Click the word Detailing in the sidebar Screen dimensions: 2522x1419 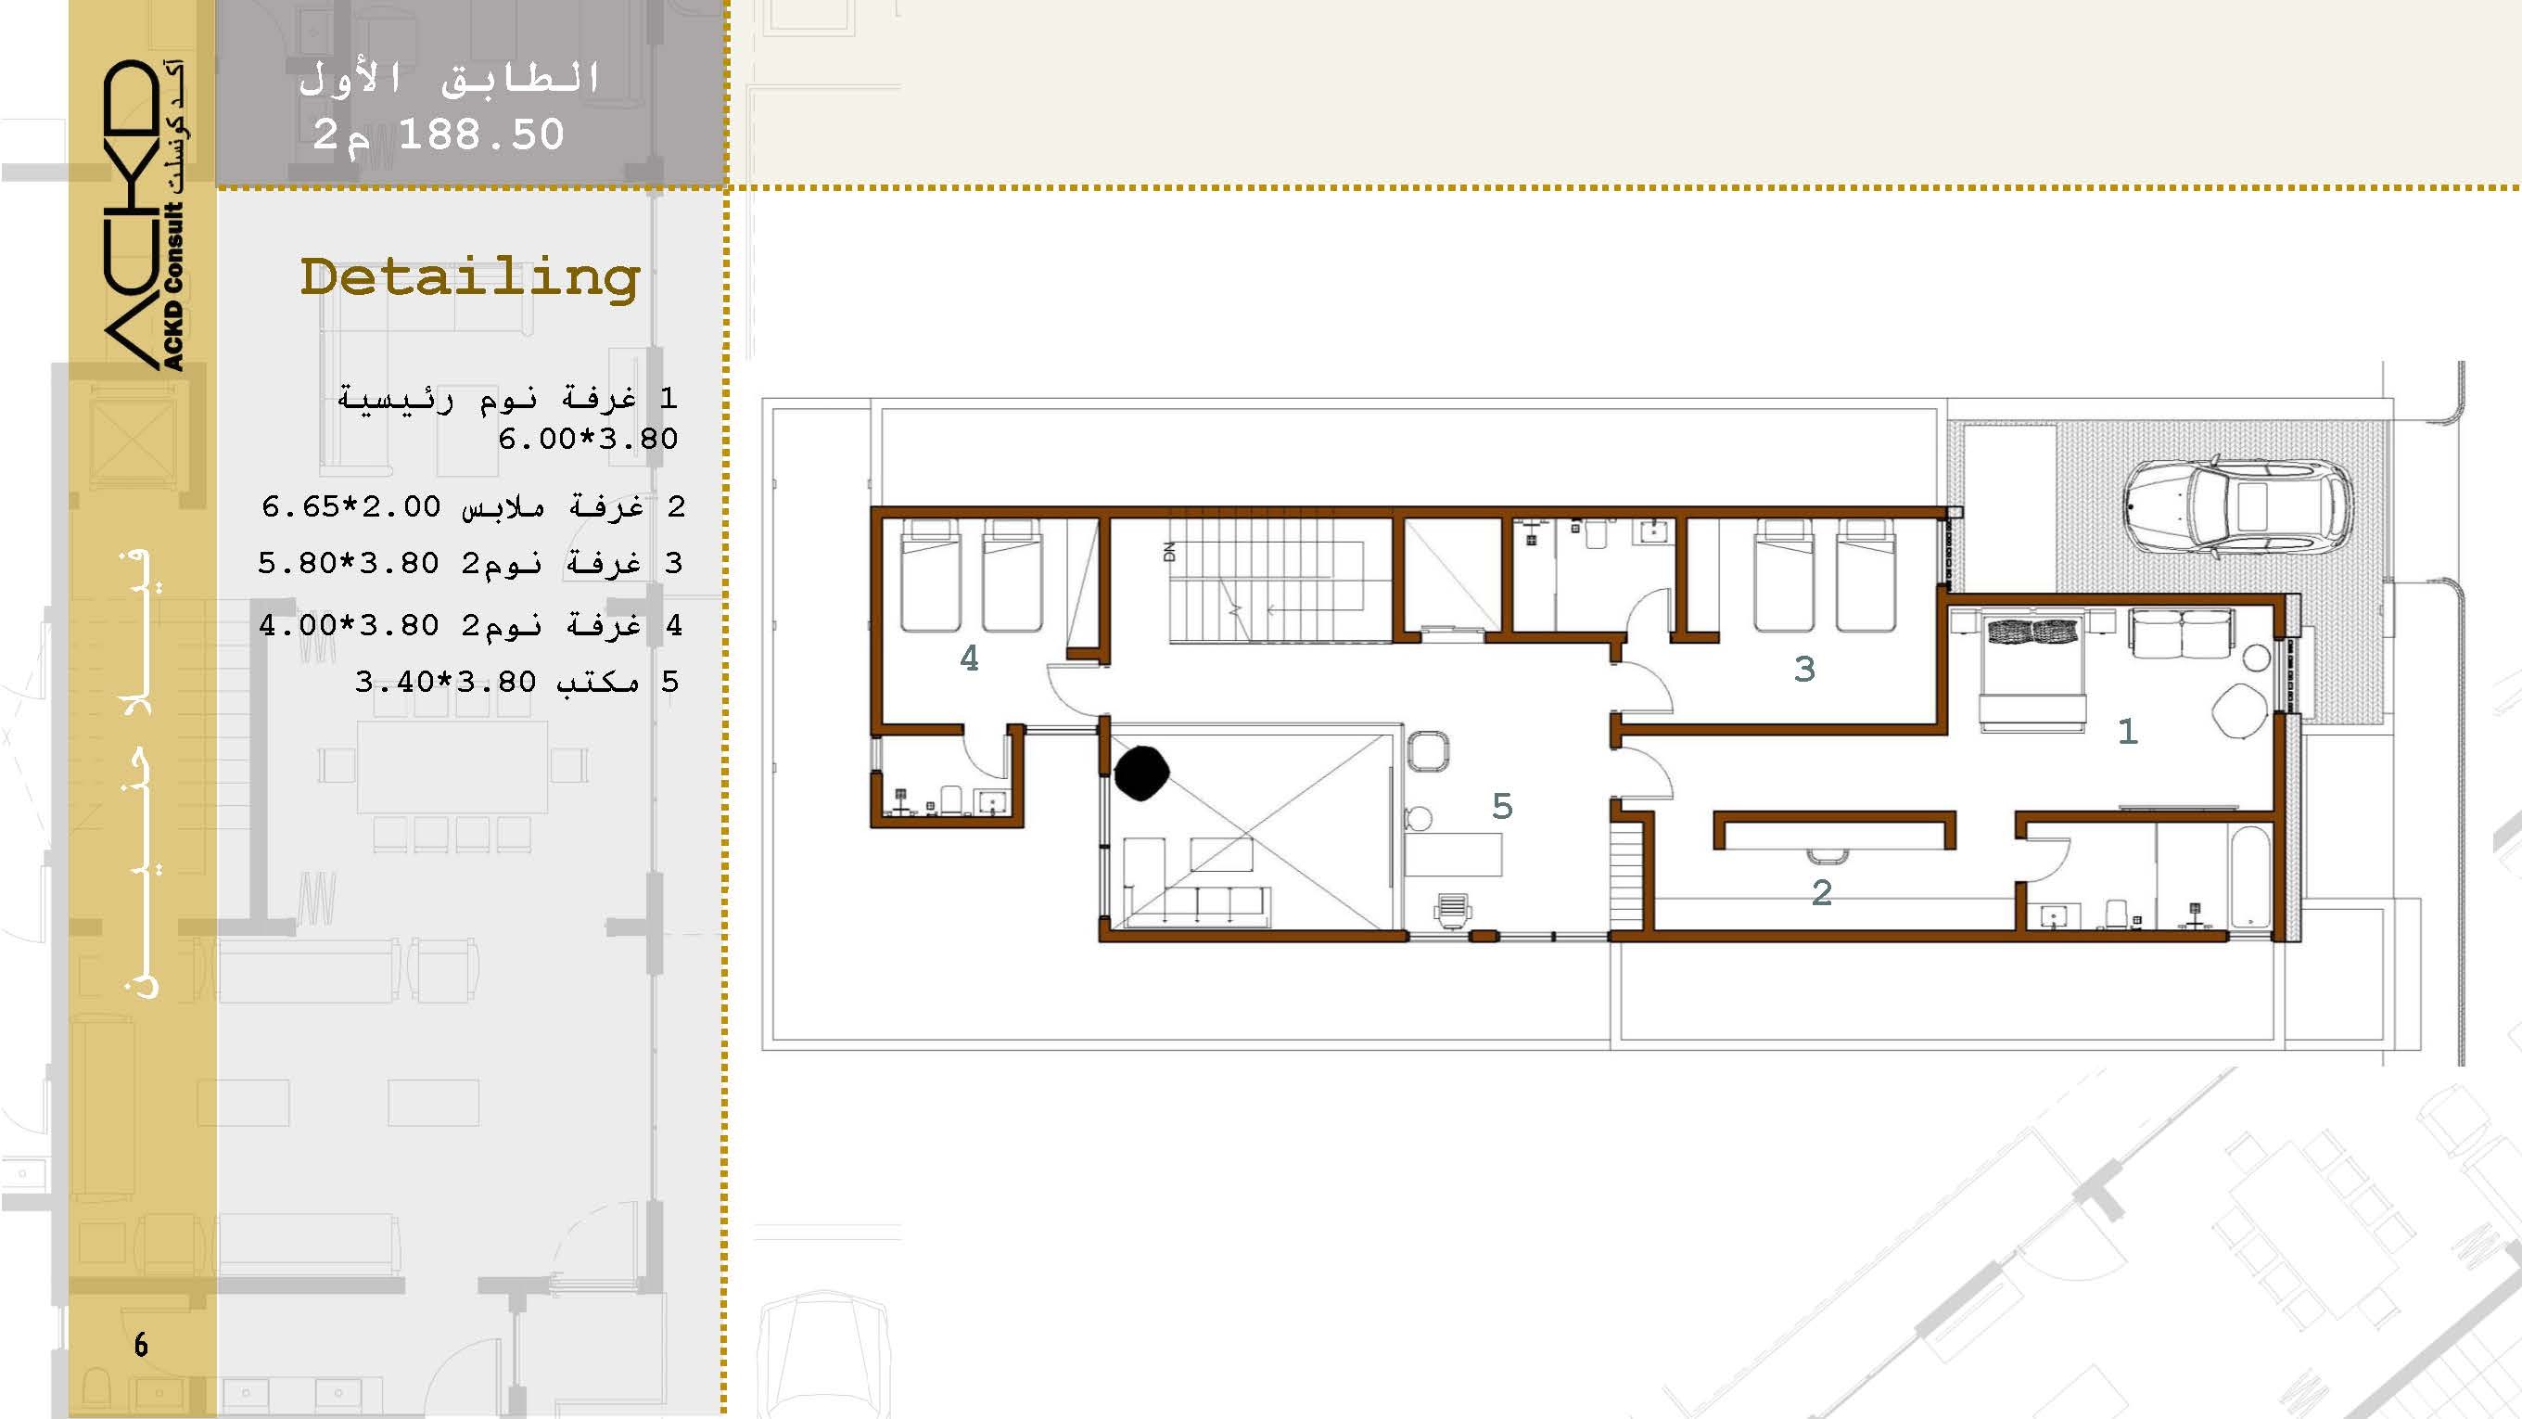click(x=470, y=279)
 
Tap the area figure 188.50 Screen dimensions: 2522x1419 click(x=482, y=134)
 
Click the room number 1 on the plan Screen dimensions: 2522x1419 click(x=2126, y=732)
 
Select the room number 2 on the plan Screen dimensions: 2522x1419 click(x=1821, y=892)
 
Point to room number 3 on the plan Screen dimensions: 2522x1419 click(x=1804, y=669)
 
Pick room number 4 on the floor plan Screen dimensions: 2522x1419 click(x=969, y=658)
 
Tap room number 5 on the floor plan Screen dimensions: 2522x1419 click(x=1502, y=806)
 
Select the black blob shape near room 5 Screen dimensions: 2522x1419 click(x=1141, y=773)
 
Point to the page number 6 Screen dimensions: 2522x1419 click(x=141, y=1345)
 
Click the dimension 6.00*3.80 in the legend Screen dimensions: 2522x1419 click(x=588, y=439)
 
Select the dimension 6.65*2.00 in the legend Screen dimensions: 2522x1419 click(x=351, y=506)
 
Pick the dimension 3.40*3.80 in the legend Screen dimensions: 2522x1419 click(x=445, y=682)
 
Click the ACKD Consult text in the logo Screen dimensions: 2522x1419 click(x=173, y=285)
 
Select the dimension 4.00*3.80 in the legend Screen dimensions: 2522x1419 click(x=349, y=625)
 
